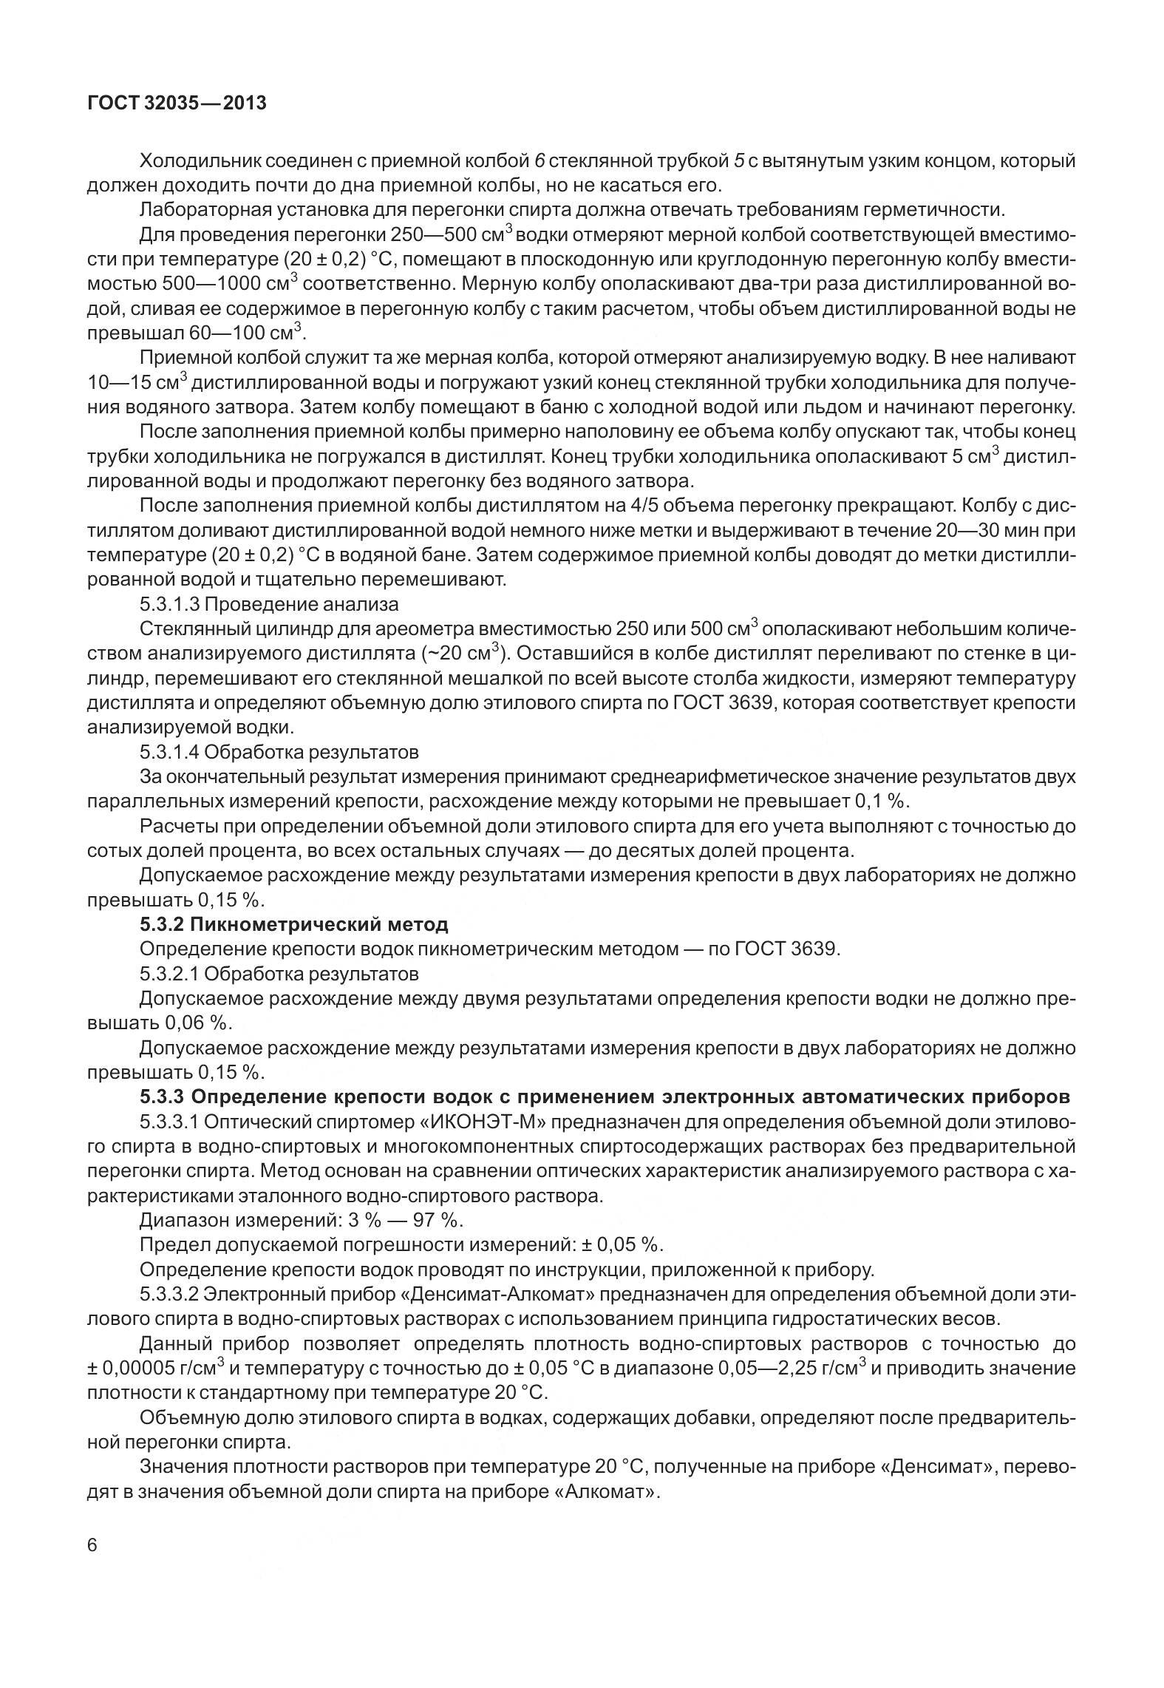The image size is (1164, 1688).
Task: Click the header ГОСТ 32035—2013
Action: click(x=177, y=104)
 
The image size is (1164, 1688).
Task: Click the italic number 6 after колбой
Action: click(x=539, y=160)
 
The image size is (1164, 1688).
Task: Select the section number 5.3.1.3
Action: click(x=169, y=604)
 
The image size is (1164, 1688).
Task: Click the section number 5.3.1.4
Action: click(x=169, y=752)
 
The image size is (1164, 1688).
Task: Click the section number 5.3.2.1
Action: click(x=169, y=974)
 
